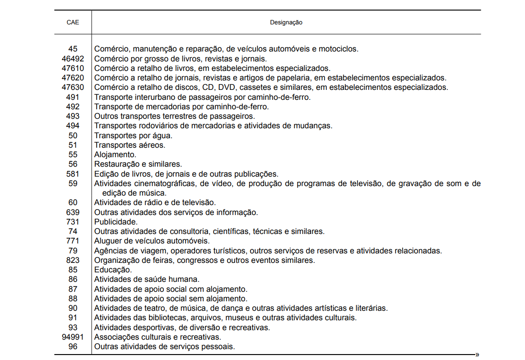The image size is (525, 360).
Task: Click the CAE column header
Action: click(73, 22)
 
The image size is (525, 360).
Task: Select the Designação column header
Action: click(286, 22)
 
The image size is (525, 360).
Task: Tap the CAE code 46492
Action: click(73, 59)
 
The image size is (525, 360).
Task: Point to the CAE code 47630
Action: click(73, 87)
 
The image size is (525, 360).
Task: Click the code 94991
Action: click(73, 337)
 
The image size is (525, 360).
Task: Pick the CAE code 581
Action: click(73, 174)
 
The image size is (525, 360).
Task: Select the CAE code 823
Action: click(73, 260)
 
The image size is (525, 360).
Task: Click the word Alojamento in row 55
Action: click(115, 155)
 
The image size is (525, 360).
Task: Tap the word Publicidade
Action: click(116, 222)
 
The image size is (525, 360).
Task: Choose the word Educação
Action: click(113, 270)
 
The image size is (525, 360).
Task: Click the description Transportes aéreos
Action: click(130, 145)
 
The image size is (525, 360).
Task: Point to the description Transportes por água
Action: click(133, 136)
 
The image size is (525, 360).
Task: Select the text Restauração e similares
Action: click(138, 164)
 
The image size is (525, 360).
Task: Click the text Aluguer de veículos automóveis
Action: click(152, 241)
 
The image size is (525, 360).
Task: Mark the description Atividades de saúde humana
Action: click(147, 280)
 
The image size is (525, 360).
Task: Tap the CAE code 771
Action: click(73, 241)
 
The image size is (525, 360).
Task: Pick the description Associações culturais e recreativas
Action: click(158, 337)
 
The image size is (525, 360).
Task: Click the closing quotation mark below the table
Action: click(477, 355)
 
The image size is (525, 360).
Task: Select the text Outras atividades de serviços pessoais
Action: click(164, 346)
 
